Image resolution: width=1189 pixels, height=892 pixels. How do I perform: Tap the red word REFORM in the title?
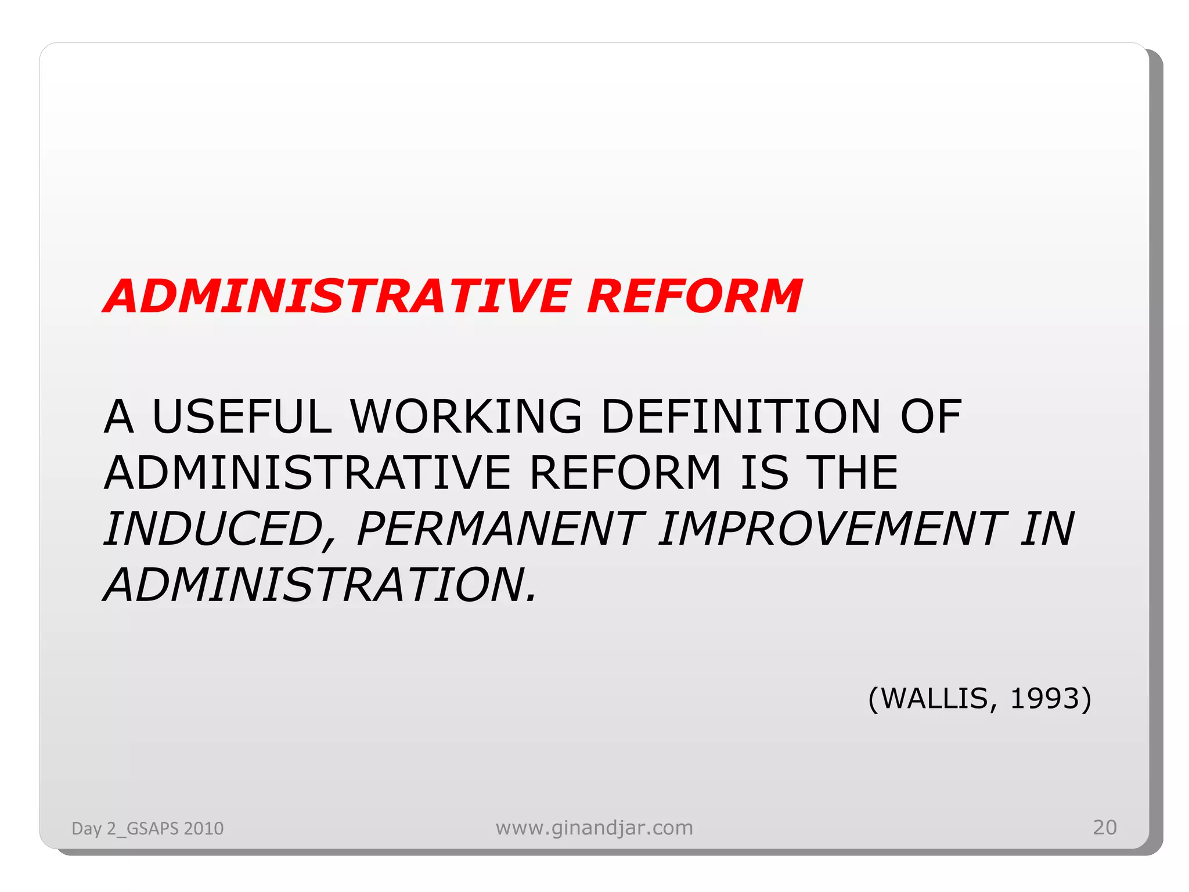694,296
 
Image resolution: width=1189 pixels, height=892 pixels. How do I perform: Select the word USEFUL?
242,416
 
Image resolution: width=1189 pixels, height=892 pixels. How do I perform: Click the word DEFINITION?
741,416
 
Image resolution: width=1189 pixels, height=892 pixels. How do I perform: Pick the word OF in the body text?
931,416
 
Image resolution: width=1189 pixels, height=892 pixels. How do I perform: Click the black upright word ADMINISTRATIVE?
308,473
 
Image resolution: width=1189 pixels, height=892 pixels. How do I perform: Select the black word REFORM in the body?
625,473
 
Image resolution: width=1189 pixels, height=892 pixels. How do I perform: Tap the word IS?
765,473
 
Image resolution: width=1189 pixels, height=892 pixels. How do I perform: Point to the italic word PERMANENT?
500,530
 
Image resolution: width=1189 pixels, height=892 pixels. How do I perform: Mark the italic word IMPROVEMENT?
831,530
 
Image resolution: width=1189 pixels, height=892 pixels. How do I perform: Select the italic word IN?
1047,530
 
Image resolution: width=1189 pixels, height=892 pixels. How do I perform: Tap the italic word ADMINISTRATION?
320,585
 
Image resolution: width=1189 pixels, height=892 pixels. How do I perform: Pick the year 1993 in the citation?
1044,698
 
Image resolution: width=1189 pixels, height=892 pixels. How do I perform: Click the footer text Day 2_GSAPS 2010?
147,828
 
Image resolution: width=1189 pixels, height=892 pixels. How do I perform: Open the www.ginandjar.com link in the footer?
594,828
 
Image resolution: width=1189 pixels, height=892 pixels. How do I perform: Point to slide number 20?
1104,827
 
